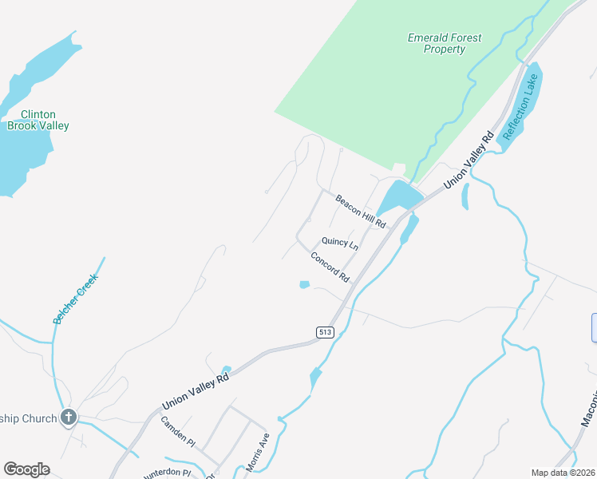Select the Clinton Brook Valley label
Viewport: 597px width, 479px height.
[38, 120]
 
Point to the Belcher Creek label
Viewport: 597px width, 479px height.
[75, 299]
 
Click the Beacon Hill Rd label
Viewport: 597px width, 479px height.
[360, 212]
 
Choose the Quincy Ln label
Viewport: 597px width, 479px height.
[339, 242]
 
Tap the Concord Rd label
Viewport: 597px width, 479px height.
[330, 267]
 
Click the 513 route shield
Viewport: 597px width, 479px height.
[324, 332]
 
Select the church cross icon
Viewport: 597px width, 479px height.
[69, 417]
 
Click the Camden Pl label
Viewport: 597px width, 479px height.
[177, 430]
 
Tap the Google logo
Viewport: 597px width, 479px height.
[26, 469]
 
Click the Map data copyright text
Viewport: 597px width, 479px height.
[563, 473]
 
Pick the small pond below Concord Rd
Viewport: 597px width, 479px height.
[303, 284]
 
